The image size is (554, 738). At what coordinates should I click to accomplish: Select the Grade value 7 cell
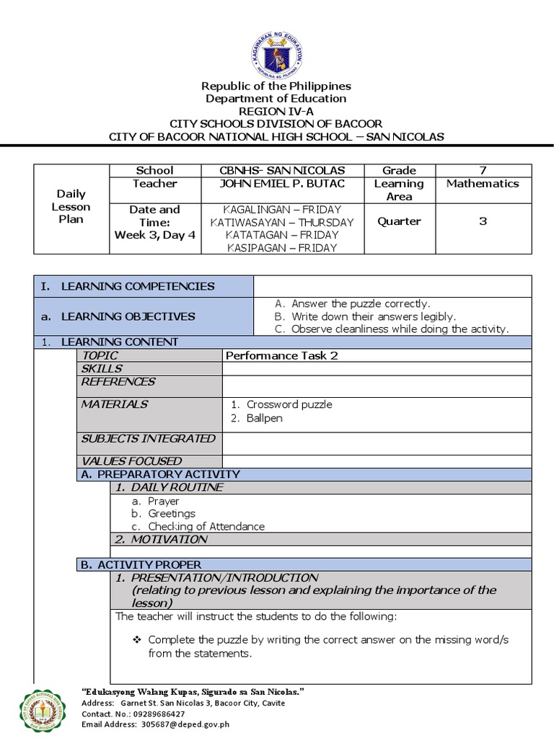coord(483,171)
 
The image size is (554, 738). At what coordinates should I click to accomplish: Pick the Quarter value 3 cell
coord(483,221)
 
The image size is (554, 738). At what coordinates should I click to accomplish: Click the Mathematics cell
coord(483,184)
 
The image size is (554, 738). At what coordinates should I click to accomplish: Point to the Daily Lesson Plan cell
coord(71,206)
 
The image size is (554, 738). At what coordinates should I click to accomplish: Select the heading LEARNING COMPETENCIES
coord(138,286)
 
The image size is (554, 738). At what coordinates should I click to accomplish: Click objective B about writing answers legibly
coord(373,316)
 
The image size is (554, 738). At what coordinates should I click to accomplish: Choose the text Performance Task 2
coord(282,355)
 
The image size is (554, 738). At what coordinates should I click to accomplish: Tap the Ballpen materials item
coord(264,418)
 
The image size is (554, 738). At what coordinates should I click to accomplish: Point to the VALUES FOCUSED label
coord(131,461)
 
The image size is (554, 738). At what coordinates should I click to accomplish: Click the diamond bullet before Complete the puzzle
coord(137,639)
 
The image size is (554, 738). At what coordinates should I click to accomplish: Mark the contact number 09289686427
coord(152,713)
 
